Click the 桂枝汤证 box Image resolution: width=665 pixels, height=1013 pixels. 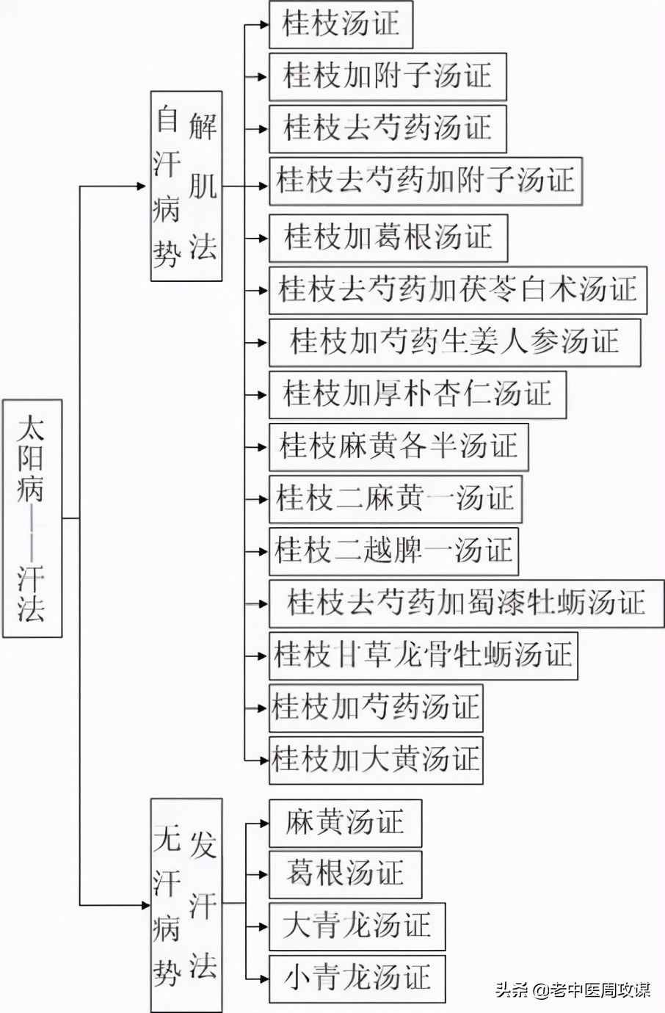click(x=341, y=24)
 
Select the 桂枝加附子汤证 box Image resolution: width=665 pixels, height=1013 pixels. click(x=388, y=76)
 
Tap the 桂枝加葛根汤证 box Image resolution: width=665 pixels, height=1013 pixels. click(x=388, y=238)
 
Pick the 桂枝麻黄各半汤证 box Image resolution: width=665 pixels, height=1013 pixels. click(x=399, y=446)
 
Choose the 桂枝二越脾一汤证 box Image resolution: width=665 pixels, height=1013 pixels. click(x=393, y=551)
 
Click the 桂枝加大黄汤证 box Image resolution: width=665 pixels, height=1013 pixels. click(x=376, y=759)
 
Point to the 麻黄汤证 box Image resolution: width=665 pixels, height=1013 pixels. click(x=345, y=823)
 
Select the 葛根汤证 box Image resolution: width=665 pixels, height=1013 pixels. click(x=345, y=874)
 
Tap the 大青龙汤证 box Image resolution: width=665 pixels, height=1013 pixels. click(x=357, y=926)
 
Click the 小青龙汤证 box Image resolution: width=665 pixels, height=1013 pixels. click(x=357, y=978)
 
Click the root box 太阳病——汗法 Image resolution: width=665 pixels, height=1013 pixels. click(x=32, y=518)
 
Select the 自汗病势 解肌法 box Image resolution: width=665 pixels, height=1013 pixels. click(x=186, y=186)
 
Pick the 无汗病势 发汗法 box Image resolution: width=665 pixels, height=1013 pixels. click(x=186, y=904)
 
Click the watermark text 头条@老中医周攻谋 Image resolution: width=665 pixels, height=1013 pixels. click(x=573, y=990)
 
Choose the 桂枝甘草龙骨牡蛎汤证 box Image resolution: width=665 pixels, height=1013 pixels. click(x=423, y=655)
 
